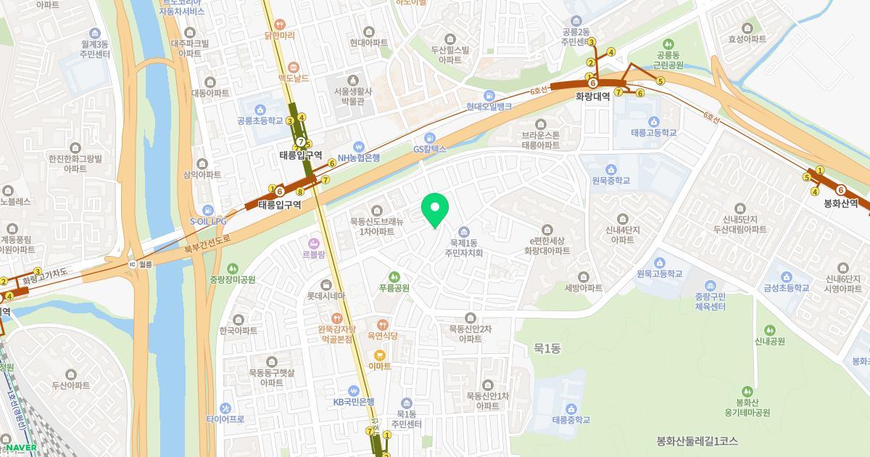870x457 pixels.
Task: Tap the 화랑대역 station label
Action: tap(593, 96)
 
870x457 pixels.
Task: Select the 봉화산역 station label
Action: tap(841, 204)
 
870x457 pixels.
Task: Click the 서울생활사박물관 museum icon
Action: tap(353, 80)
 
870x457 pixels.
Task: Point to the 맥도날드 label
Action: tap(294, 78)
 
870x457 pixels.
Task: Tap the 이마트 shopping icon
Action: tap(379, 355)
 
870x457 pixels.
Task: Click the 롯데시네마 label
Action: tap(326, 296)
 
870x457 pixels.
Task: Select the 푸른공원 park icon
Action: tap(394, 276)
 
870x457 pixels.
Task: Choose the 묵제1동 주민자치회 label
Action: tap(464, 248)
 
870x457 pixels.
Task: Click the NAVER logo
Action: tap(21, 448)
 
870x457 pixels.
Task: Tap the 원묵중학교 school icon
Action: tap(610, 169)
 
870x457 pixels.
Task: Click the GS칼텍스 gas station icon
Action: tap(431, 138)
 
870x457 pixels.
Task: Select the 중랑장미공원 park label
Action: tap(232, 279)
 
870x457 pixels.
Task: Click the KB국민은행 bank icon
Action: tap(354, 390)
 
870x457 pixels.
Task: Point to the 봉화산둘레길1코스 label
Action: tap(697, 441)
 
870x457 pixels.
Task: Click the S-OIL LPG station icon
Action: tap(208, 210)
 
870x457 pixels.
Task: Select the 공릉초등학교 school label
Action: tap(260, 121)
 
